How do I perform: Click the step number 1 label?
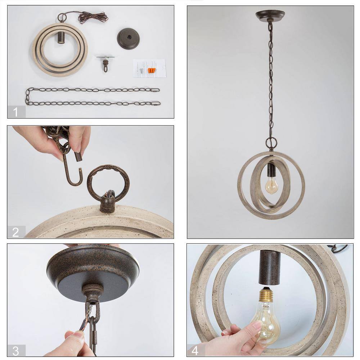(x=15, y=112)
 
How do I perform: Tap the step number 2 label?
(x=15, y=232)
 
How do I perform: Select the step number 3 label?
(x=15, y=351)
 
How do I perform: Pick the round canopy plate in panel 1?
(x=129, y=38)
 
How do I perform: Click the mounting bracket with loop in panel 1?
(x=105, y=63)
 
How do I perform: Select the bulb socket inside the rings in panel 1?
(x=61, y=37)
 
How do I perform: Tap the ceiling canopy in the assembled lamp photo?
(x=270, y=15)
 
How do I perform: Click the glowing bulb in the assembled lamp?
(x=271, y=185)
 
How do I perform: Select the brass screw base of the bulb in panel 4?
(x=266, y=295)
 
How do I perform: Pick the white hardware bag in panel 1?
(x=149, y=68)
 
